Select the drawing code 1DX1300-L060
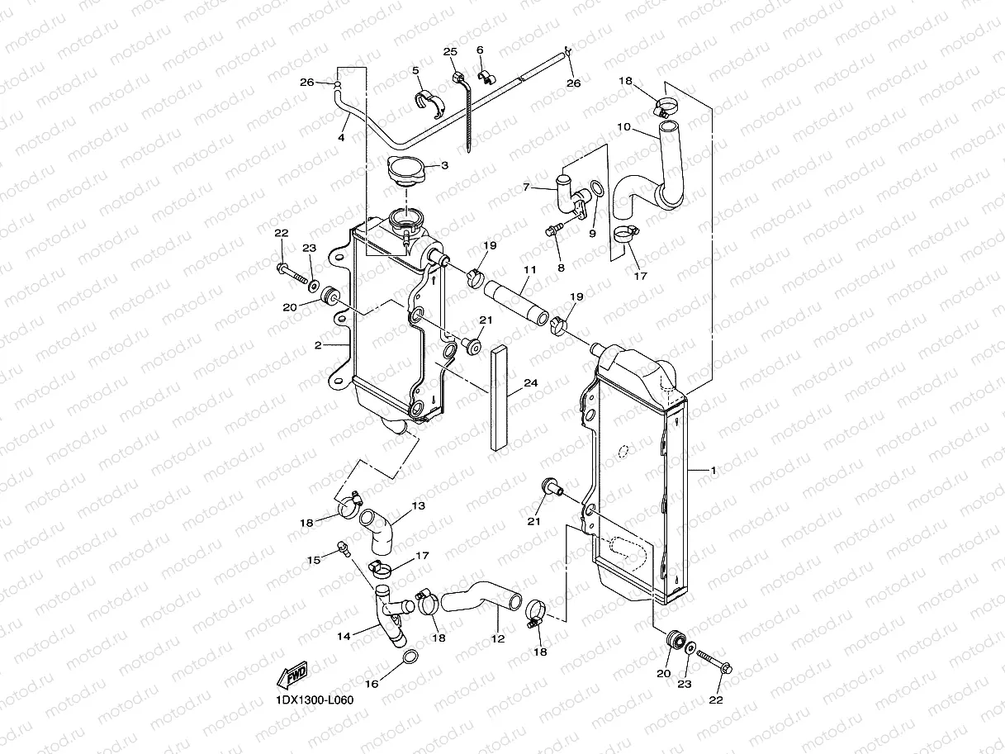click(x=314, y=700)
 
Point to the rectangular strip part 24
click(x=499, y=398)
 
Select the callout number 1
click(x=713, y=470)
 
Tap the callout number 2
click(x=318, y=345)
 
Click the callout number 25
click(x=450, y=51)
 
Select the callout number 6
click(x=480, y=50)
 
